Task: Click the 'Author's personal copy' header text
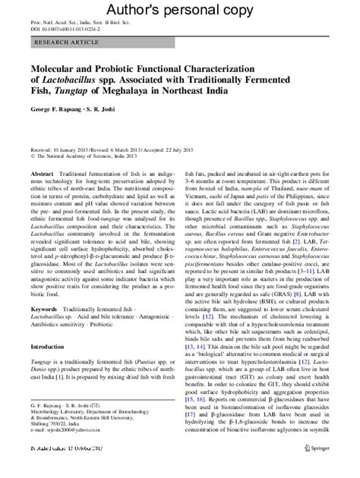click(179, 10)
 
